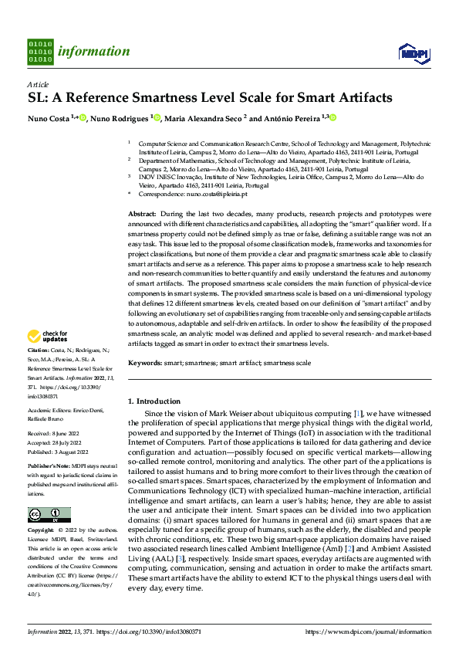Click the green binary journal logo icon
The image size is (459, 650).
click(x=40, y=52)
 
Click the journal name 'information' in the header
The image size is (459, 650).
click(x=94, y=52)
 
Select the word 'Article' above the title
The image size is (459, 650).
click(x=38, y=84)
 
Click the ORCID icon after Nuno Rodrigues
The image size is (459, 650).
click(x=157, y=117)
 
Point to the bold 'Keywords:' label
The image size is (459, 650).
click(x=145, y=363)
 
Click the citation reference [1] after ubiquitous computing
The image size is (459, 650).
click(x=357, y=414)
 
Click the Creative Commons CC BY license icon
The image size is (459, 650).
click(x=49, y=515)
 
